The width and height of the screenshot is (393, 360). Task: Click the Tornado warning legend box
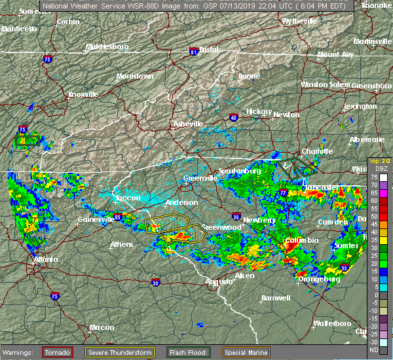tap(57, 352)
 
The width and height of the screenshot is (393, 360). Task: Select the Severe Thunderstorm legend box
tap(119, 352)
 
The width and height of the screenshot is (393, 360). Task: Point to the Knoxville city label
tap(83, 94)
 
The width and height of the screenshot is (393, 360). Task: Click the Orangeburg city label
tap(319, 279)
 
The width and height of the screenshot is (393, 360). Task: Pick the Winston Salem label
tap(326, 84)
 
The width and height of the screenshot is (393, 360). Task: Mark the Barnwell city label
tap(276, 298)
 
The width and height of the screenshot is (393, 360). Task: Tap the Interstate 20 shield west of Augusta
tap(155, 283)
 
